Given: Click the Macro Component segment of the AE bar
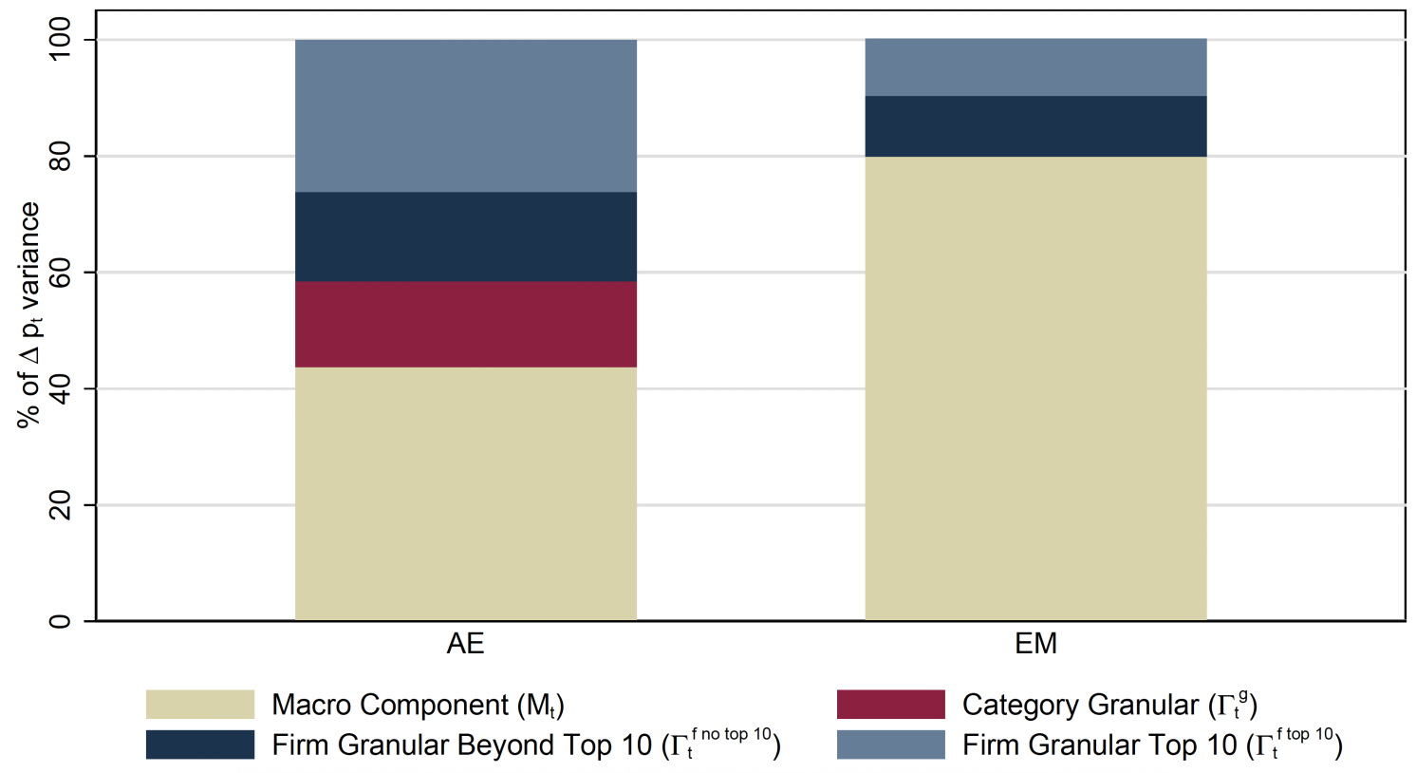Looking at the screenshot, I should point(465,494).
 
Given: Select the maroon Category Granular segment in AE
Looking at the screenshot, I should point(465,324).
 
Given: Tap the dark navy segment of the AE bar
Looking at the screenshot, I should point(465,236).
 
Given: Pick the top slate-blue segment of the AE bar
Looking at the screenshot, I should point(465,116).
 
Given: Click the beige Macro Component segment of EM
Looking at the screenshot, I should point(1035,388).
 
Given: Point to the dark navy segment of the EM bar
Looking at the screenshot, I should point(1035,126).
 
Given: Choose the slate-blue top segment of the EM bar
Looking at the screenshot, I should point(1035,67).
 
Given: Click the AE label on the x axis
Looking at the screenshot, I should point(465,644).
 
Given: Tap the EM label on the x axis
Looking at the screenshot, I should point(1035,644).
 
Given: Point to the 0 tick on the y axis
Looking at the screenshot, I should point(60,621).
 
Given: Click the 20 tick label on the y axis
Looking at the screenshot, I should point(60,505).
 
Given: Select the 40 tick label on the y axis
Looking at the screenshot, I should point(60,388).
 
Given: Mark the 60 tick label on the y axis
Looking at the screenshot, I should point(60,273).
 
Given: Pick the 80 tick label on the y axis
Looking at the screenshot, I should point(60,156).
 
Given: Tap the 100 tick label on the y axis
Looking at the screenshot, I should point(60,40).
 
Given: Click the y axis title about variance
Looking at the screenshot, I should point(29,315).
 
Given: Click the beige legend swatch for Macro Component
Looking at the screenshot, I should point(199,705).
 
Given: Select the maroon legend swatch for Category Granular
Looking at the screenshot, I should point(890,705).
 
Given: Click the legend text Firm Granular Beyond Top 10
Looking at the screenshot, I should point(526,745).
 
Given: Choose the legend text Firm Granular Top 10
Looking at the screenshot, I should point(1151,745).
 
